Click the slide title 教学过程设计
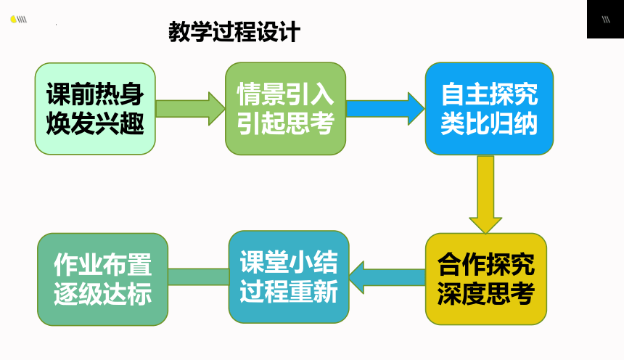click(234, 31)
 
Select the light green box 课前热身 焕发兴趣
click(95, 109)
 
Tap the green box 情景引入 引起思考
click(285, 109)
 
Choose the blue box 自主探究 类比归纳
click(489, 109)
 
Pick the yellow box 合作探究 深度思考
click(486, 279)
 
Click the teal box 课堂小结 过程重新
click(289, 277)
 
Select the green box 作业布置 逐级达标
click(103, 279)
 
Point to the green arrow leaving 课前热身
click(190, 109)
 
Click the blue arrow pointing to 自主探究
click(385, 109)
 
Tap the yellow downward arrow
click(485, 195)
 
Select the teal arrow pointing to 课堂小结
click(387, 277)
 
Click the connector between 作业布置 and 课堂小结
click(198, 277)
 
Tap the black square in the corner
click(605, 19)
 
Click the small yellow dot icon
click(13, 19)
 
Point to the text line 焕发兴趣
click(95, 124)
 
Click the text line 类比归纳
click(489, 124)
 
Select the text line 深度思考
click(486, 294)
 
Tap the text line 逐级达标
click(103, 294)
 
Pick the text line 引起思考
click(285, 124)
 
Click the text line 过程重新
click(289, 292)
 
